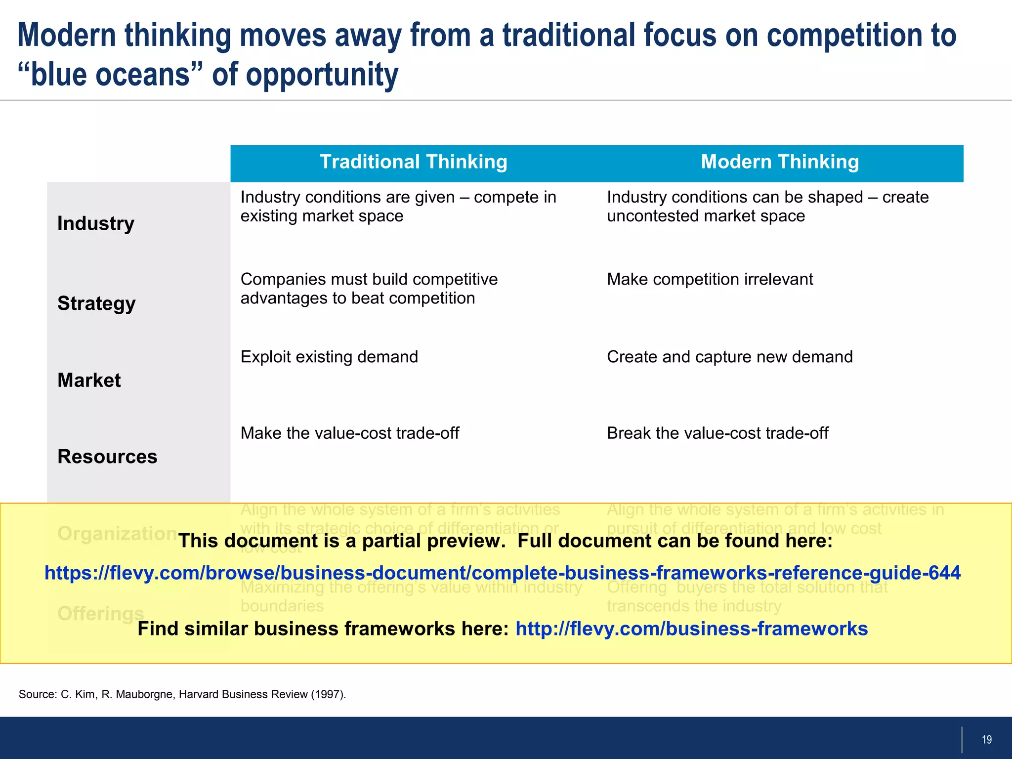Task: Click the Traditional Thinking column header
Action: [x=413, y=163]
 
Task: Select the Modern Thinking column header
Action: [x=780, y=163]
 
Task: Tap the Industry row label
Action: [x=96, y=224]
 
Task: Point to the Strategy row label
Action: [x=96, y=303]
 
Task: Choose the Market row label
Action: [x=89, y=380]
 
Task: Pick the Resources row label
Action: [x=107, y=457]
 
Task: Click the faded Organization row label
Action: [x=117, y=534]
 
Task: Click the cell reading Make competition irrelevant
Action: [x=710, y=280]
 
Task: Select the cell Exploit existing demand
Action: [x=329, y=357]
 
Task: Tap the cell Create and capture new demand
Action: [x=729, y=357]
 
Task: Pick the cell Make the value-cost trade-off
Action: [x=349, y=433]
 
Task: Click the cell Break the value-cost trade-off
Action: [x=717, y=433]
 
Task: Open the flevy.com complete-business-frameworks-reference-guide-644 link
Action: [x=503, y=573]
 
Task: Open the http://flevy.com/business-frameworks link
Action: [x=691, y=629]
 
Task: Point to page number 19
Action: [x=986, y=740]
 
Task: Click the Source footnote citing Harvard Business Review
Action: [x=182, y=694]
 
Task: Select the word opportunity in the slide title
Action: [x=322, y=75]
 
